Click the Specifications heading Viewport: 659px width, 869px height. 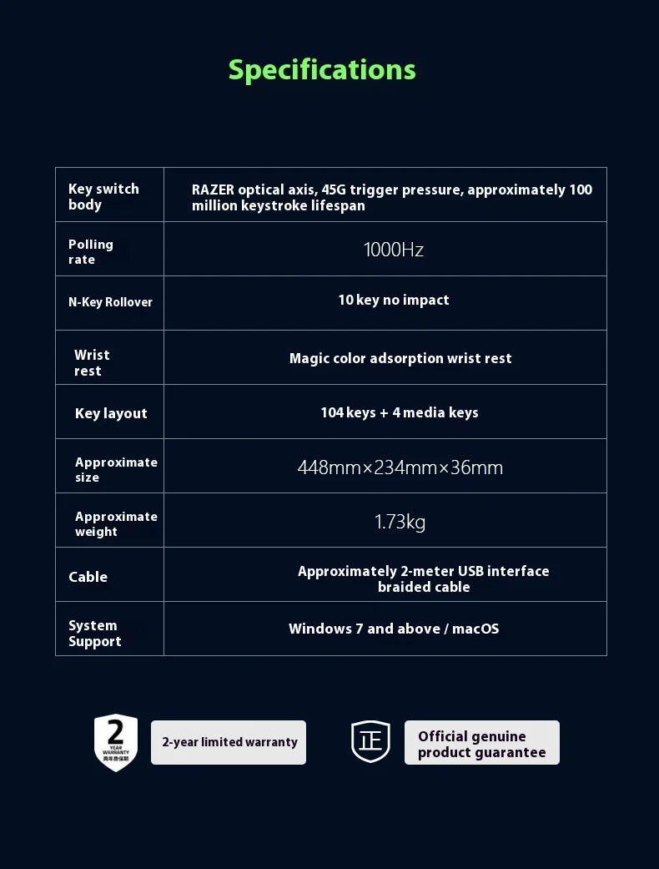(322, 70)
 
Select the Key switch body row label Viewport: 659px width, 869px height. (103, 196)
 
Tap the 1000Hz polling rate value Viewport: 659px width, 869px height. (394, 250)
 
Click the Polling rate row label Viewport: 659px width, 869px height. (90, 251)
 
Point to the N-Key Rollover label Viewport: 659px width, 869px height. (110, 302)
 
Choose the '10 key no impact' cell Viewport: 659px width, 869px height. (394, 300)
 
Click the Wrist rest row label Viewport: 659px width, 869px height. (91, 362)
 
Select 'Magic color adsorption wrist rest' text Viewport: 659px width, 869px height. (400, 358)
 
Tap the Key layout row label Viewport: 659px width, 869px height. (111, 413)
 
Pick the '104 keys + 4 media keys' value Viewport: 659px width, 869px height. (400, 412)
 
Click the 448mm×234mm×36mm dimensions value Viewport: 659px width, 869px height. (400, 467)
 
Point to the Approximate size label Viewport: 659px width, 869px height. (115, 469)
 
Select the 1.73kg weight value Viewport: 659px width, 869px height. (400, 523)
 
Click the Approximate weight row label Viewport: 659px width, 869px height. (115, 523)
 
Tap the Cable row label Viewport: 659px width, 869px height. (88, 577)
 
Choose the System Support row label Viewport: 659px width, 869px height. (94, 633)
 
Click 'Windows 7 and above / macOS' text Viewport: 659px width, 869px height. (394, 629)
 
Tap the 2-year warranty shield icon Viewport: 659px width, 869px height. (116, 742)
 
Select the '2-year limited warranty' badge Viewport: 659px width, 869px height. (229, 742)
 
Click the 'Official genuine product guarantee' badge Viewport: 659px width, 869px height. (482, 743)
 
